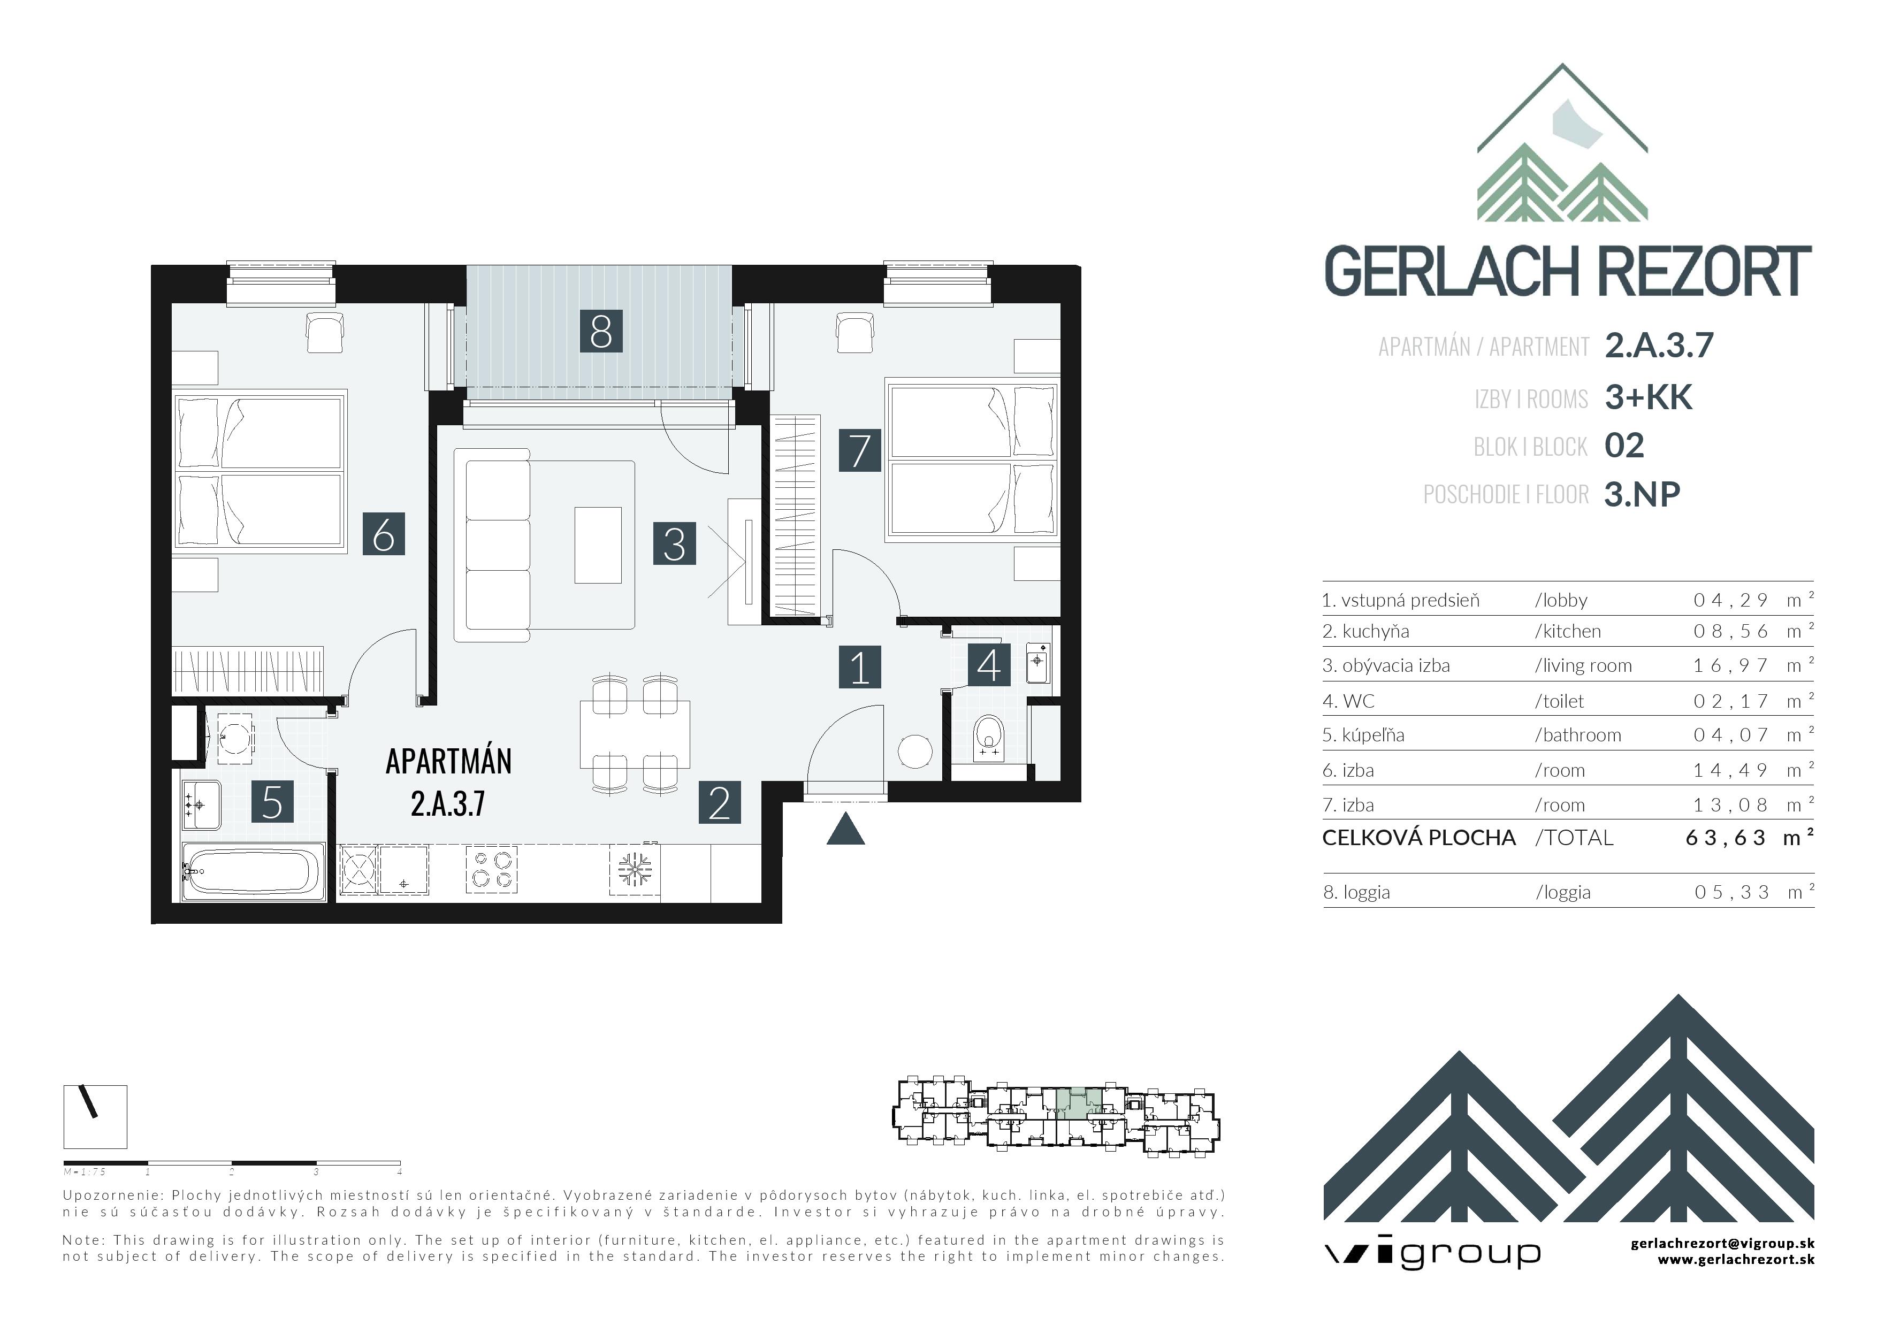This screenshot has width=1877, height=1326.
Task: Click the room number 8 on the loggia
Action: point(601,331)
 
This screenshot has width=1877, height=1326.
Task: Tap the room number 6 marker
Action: point(384,534)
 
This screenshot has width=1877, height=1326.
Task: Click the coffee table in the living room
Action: point(598,545)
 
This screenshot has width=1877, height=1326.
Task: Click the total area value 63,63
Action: point(1725,838)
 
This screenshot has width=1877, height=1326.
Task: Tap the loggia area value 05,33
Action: point(1731,892)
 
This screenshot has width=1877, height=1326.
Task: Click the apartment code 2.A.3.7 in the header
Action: point(1659,346)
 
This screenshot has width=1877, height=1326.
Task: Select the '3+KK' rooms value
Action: point(1648,397)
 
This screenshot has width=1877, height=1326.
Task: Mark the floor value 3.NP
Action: point(1642,494)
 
